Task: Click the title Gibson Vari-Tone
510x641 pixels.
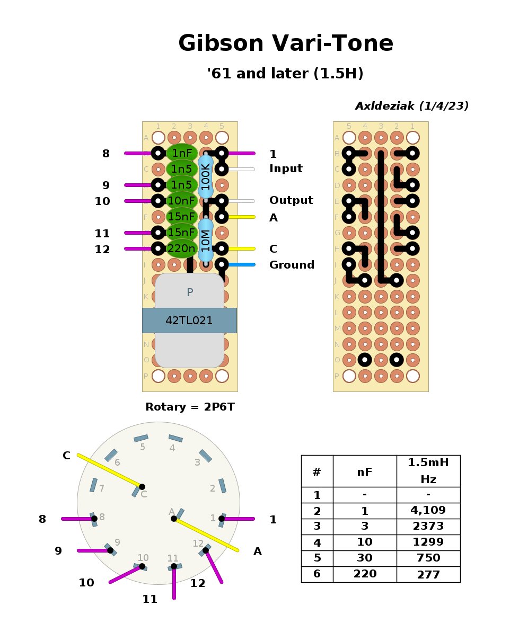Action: tap(286, 43)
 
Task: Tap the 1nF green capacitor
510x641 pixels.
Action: tap(182, 153)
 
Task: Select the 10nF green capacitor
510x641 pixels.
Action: tap(182, 201)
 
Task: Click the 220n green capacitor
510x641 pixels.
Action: tap(182, 248)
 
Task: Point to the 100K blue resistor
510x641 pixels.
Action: tap(206, 176)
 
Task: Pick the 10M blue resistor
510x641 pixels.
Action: tap(206, 240)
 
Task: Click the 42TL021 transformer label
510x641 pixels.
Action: tap(189, 320)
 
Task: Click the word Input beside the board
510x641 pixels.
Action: tap(286, 169)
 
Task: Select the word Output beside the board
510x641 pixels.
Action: tap(291, 201)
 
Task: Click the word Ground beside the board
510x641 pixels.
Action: tap(292, 265)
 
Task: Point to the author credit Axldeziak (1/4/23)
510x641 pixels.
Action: tap(412, 106)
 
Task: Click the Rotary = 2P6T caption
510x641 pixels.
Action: tap(190, 407)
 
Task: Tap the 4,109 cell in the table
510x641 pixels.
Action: tap(428, 511)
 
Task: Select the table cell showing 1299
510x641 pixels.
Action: tap(428, 542)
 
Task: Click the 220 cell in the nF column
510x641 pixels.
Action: tap(365, 574)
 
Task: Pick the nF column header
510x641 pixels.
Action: tap(365, 471)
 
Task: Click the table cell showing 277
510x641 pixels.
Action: tap(428, 574)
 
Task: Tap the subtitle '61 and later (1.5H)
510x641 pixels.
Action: tap(285, 74)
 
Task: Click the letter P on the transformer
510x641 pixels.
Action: tap(190, 292)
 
